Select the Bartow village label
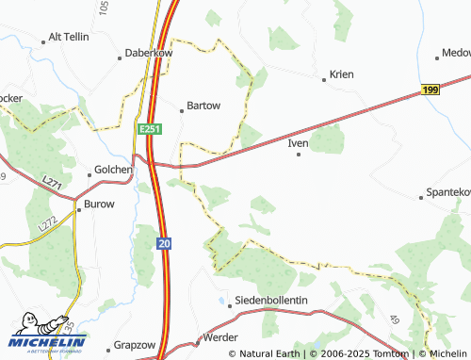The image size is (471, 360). pyautogui.click(x=204, y=106)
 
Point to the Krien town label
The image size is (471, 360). pyautogui.click(x=339, y=74)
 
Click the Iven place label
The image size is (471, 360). pyautogui.click(x=298, y=143)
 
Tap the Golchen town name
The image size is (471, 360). pyautogui.click(x=113, y=170)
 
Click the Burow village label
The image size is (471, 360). pyautogui.click(x=99, y=204)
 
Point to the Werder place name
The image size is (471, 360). pyautogui.click(x=219, y=336)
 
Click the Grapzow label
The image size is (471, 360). pyautogui.click(x=134, y=345)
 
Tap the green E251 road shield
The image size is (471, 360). pyautogui.click(x=149, y=128)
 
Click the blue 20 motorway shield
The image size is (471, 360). pyautogui.click(x=165, y=242)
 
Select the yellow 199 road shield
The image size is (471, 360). pyautogui.click(x=430, y=89)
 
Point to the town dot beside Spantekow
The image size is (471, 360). pyautogui.click(x=421, y=198)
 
